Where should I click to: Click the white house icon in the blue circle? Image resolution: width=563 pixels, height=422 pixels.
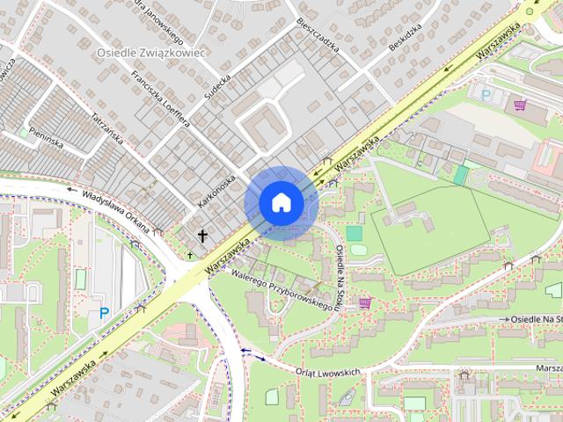tap(281, 202)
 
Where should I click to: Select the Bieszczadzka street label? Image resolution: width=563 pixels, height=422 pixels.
tap(318, 33)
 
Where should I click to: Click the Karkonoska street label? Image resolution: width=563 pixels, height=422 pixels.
tap(217, 190)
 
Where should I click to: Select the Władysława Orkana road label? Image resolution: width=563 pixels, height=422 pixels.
tap(115, 208)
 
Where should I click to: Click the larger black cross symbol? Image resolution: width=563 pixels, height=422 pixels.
tap(203, 236)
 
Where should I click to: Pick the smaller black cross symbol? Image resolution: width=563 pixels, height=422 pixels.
tap(188, 255)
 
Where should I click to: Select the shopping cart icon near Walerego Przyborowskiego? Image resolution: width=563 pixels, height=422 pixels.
tap(364, 303)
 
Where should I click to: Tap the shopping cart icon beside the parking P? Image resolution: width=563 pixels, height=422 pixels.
tap(521, 105)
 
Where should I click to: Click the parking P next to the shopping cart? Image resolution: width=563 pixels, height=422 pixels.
tap(486, 94)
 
